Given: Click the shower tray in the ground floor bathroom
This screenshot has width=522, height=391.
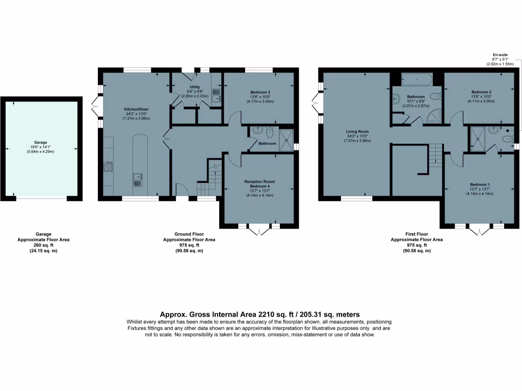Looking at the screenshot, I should click(x=286, y=136).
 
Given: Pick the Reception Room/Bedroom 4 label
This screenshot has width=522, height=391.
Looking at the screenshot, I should click(x=259, y=184).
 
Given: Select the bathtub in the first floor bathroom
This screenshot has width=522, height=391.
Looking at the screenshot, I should click(x=417, y=79).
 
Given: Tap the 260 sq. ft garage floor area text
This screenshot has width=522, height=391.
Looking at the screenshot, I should click(x=43, y=245).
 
